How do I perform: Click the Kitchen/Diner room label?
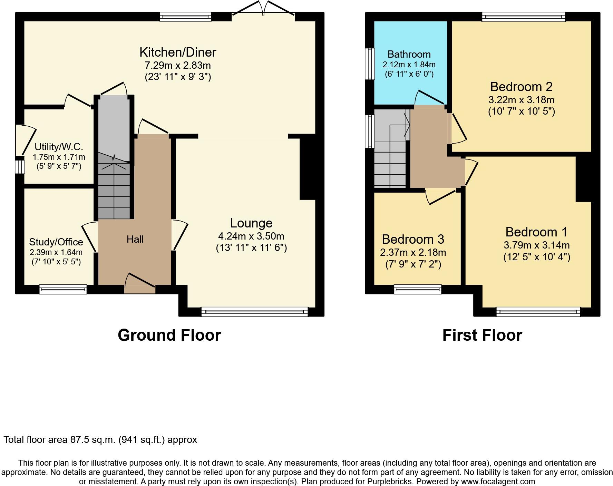click(x=178, y=52)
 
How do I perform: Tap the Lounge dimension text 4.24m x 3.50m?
click(x=251, y=236)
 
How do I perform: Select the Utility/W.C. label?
click(x=59, y=147)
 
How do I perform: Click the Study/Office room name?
click(x=56, y=242)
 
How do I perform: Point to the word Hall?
click(x=135, y=239)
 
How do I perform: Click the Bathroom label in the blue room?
click(x=409, y=54)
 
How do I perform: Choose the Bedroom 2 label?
click(x=521, y=86)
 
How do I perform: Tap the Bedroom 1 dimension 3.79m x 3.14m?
click(x=536, y=245)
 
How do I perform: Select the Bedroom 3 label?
click(x=413, y=239)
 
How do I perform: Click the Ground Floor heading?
click(x=169, y=335)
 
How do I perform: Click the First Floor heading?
click(x=482, y=335)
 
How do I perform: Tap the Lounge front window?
click(x=254, y=312)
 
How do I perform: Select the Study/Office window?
click(x=63, y=289)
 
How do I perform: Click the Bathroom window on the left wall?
click(x=370, y=64)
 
